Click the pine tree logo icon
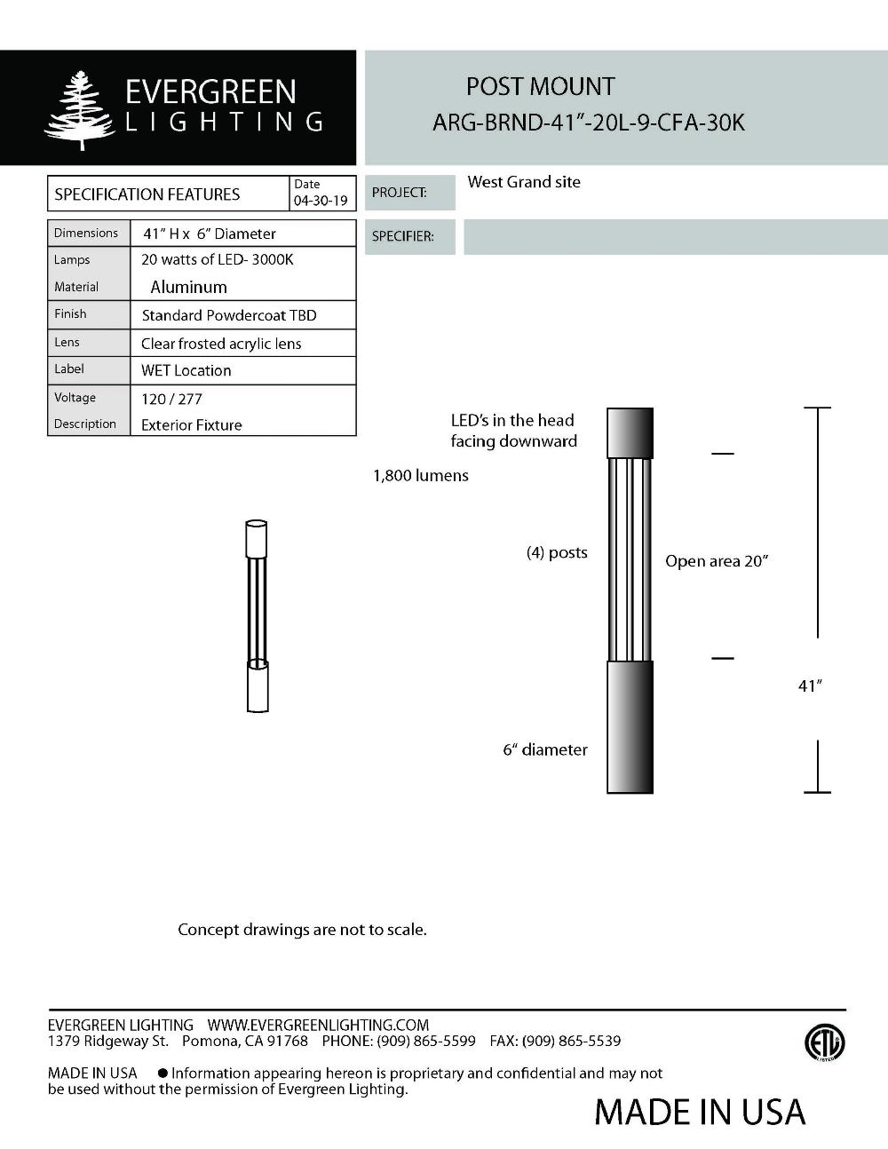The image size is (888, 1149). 79,110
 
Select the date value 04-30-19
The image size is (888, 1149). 321,201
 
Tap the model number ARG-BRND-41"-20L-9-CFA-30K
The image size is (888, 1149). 588,123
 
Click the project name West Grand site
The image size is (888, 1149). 524,182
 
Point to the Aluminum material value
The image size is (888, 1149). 188,287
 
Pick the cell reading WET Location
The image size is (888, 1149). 186,370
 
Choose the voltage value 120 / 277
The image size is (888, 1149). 171,399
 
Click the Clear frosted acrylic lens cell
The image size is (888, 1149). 221,344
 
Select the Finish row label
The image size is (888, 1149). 70,313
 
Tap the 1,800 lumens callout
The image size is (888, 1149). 420,475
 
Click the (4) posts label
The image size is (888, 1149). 557,552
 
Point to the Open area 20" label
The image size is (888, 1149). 717,561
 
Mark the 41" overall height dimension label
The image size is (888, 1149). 810,685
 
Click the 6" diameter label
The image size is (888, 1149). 545,749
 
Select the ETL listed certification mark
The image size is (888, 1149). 824,1042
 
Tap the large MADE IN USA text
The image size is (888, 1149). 700,1112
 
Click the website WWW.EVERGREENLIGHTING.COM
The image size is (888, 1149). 318,1025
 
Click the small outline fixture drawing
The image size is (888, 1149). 257,615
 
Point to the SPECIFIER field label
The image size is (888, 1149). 402,236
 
